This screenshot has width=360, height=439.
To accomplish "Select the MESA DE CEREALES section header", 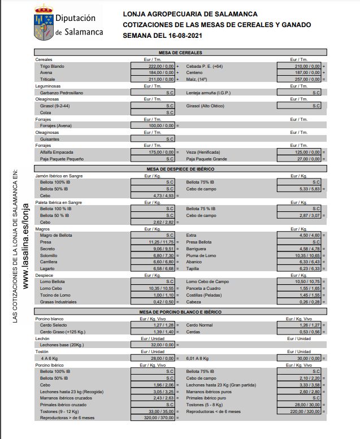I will coord(180,53).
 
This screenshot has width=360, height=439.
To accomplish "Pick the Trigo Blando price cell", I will coord(153,66).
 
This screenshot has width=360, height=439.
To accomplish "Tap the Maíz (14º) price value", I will coord(300,79).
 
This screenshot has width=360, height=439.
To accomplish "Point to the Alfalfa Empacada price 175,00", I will coord(153,152).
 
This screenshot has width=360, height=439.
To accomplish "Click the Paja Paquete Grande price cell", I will coord(300,159).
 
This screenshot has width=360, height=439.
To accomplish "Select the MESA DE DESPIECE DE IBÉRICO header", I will coord(180,169).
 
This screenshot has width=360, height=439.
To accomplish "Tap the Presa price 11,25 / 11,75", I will coord(153,242).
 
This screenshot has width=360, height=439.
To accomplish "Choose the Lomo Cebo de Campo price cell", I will coord(300,281).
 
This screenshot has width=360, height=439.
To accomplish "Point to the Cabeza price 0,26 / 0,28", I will coord(300,302).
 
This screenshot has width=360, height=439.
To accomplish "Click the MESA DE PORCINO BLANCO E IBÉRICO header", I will coord(180,311).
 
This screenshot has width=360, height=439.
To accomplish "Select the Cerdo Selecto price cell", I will coord(153,325).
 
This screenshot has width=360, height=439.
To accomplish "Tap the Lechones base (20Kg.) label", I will coord(62,345).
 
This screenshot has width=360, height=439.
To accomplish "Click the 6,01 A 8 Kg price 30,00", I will coord(300,358).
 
